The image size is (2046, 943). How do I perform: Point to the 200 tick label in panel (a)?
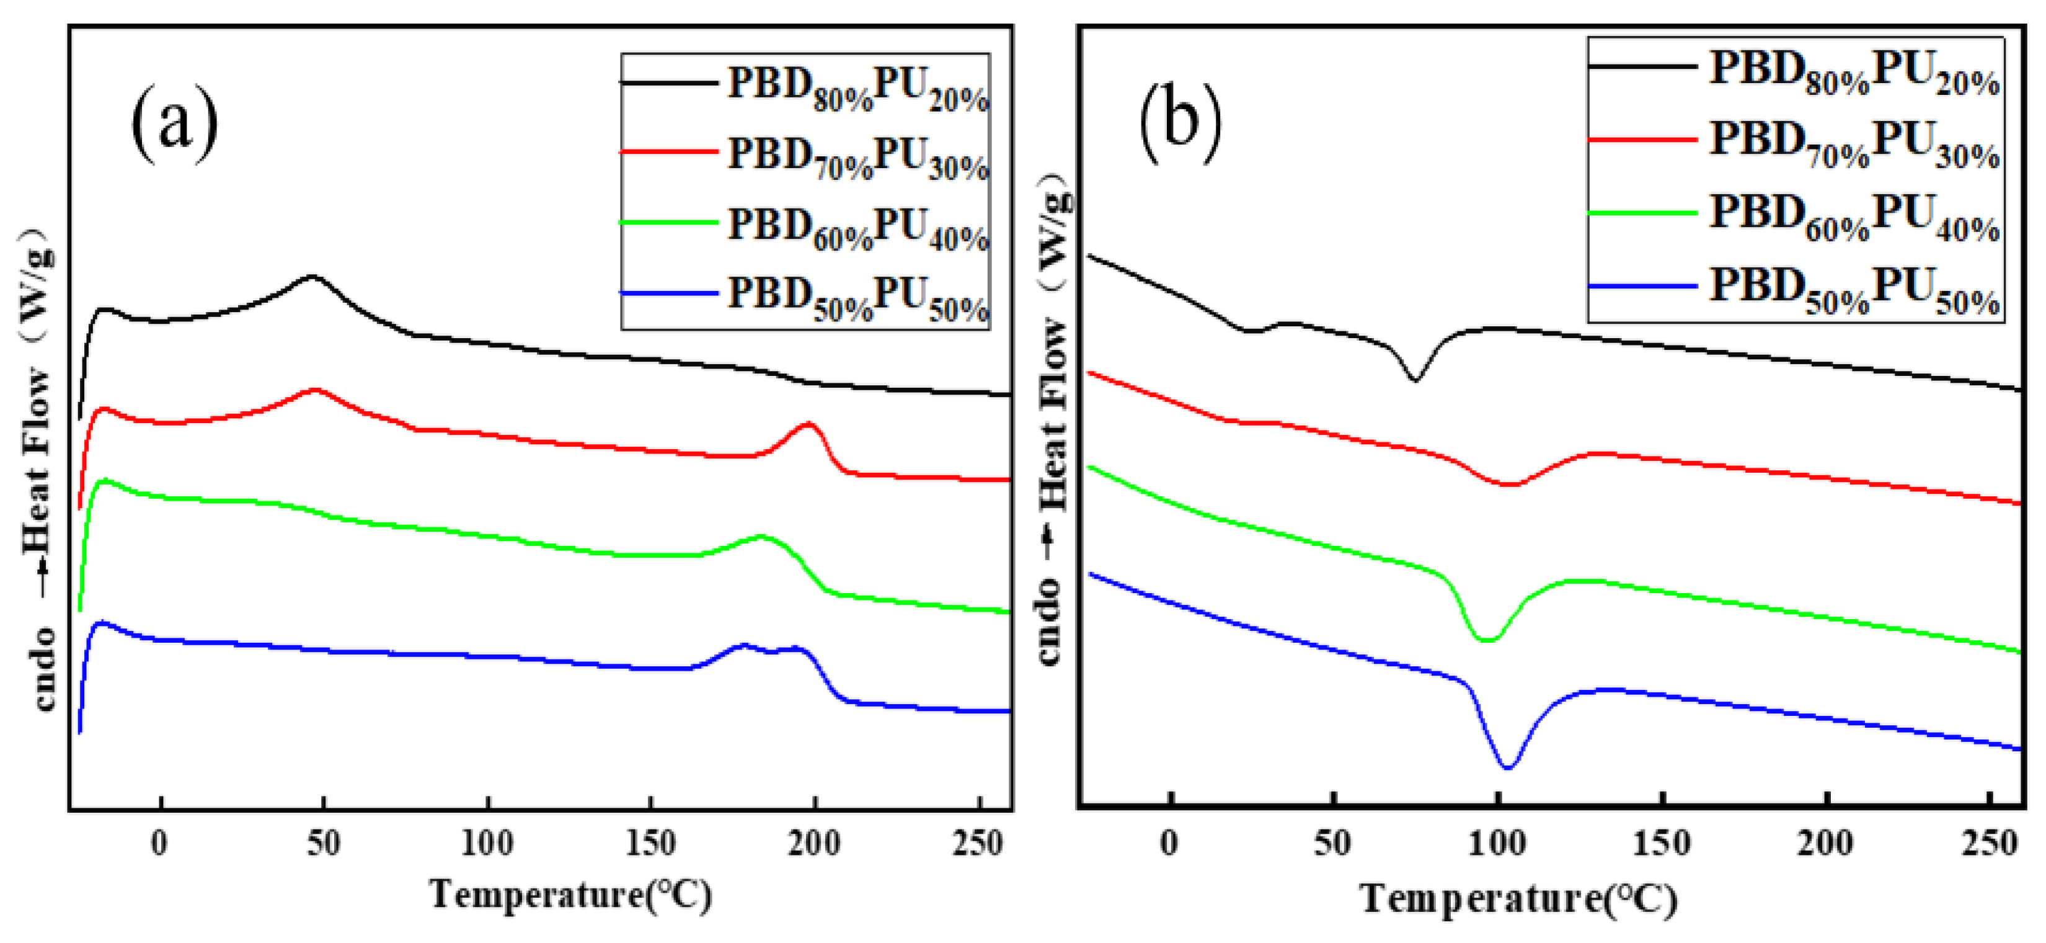coord(814,844)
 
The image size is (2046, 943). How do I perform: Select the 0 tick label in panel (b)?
coord(1169,844)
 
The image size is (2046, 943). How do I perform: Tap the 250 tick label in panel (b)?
coord(1989,844)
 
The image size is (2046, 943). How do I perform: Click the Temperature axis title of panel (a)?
coord(570,895)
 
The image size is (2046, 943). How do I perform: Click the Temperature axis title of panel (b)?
coord(1518,900)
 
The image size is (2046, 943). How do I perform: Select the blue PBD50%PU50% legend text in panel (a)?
coord(858,297)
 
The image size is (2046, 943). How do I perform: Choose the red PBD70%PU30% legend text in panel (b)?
coord(1854,145)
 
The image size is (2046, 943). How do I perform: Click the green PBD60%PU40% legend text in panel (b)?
coord(1854,218)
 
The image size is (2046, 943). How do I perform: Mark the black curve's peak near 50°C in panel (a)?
coord(311,277)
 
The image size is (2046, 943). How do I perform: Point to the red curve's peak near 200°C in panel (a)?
coord(808,424)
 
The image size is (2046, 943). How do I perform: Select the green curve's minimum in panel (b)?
coord(1487,640)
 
